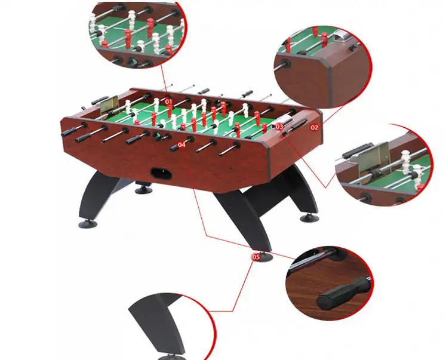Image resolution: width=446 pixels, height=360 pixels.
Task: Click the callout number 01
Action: coord(168,101)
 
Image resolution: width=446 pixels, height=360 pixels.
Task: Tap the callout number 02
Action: coord(314,127)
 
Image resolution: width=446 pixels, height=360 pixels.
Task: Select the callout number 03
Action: coord(279,127)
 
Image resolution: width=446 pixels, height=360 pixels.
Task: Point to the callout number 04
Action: coord(182,144)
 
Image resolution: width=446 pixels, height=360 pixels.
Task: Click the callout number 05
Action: coord(256,257)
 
